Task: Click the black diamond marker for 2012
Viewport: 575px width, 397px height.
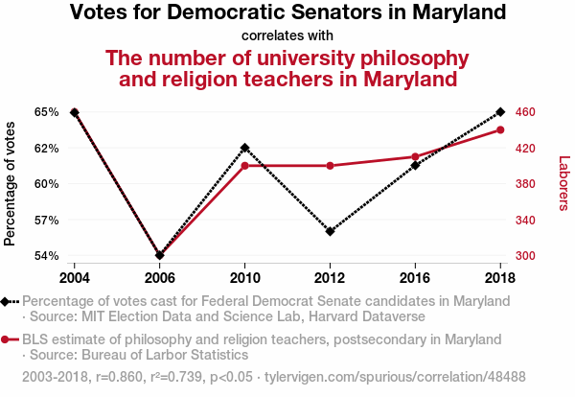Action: [330, 232]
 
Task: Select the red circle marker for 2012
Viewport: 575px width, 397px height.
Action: [330, 166]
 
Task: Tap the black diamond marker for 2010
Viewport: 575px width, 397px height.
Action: [245, 148]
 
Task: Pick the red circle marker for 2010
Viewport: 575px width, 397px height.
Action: [245, 166]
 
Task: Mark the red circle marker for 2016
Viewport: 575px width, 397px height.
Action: [415, 156]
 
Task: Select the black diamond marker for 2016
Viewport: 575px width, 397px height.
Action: [415, 166]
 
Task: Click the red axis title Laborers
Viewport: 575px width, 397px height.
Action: [563, 183]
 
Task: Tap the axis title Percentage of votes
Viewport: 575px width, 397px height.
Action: [11, 183]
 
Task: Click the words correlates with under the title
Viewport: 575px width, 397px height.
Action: [287, 35]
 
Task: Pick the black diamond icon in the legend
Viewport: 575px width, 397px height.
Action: [6, 301]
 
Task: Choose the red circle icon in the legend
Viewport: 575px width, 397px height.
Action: [6, 339]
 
